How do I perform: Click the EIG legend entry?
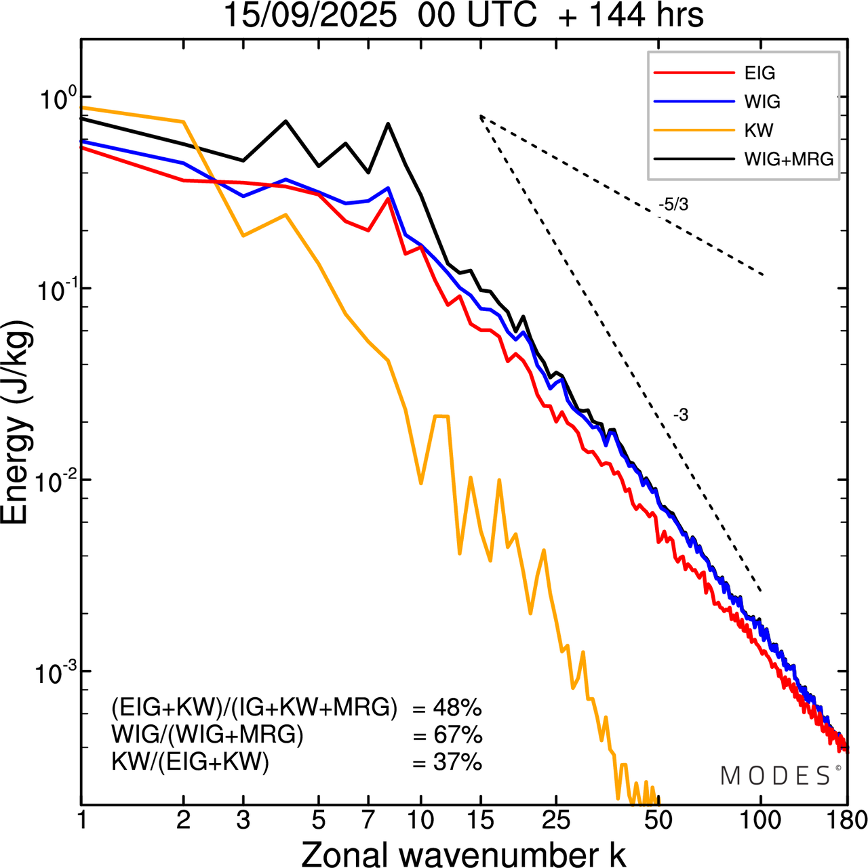759,73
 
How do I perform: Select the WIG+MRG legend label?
789,159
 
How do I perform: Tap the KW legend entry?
758,130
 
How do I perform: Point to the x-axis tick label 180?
847,820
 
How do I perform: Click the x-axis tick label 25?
556,820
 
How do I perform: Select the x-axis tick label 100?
761,820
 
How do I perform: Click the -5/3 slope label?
673,205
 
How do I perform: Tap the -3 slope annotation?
680,415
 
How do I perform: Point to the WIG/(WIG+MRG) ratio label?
208,735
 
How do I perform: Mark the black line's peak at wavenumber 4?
285,121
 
